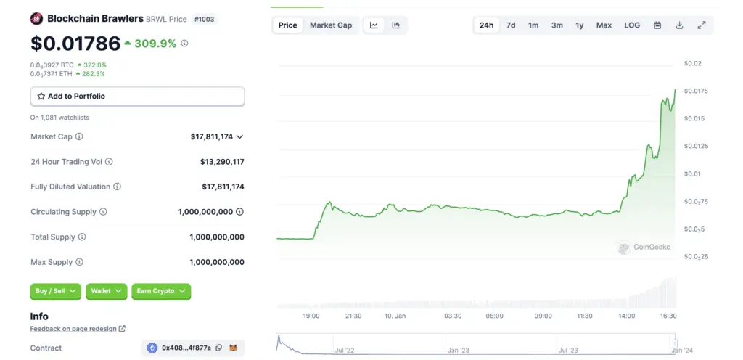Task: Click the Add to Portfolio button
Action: click(137, 96)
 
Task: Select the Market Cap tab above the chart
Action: click(330, 25)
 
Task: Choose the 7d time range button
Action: click(511, 25)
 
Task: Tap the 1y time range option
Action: click(579, 25)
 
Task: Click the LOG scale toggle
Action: click(632, 25)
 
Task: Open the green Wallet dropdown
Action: click(107, 291)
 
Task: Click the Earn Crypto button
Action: click(161, 291)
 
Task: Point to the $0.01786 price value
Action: click(75, 44)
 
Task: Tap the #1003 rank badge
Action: click(205, 19)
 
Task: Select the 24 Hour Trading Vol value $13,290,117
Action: click(222, 162)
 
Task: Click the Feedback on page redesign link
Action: click(73, 329)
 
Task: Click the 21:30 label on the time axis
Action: click(353, 316)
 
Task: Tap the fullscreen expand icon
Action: click(702, 25)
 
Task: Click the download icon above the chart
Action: click(679, 25)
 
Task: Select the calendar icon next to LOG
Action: click(657, 25)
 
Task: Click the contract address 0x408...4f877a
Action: click(186, 348)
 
